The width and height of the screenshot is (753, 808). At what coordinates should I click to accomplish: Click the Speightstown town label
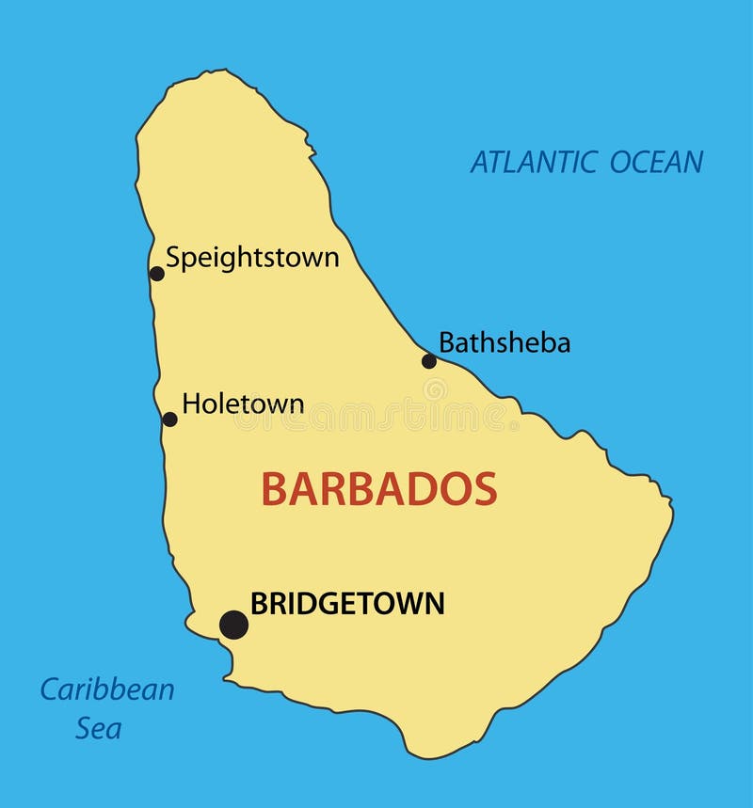point(252,258)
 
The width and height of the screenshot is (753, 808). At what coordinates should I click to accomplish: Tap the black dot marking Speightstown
point(157,274)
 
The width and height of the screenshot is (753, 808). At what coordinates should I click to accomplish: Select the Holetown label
point(243,404)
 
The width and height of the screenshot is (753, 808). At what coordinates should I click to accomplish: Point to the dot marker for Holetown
point(169,420)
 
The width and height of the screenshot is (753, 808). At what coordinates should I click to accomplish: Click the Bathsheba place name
point(505,343)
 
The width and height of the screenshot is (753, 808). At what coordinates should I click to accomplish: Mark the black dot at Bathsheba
point(429,361)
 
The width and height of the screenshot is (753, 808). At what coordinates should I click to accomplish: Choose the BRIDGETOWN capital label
point(347,604)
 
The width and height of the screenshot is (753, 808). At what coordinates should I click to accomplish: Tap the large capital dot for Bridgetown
point(233,625)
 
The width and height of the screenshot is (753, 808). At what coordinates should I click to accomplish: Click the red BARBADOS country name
point(378,489)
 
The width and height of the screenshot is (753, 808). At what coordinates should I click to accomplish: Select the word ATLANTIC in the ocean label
point(534,162)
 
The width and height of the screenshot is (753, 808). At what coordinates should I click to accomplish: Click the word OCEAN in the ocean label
point(656,162)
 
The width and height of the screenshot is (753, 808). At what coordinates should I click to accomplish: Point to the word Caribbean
point(106,689)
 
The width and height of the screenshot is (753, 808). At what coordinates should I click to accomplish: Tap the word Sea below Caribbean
point(98,728)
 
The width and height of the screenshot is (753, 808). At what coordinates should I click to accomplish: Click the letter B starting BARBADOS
point(273,489)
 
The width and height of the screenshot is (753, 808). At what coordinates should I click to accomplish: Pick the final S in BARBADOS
point(485,489)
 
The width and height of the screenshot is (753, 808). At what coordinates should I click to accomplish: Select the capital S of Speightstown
point(173,257)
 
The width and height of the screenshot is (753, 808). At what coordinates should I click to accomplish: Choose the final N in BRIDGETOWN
point(434,604)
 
